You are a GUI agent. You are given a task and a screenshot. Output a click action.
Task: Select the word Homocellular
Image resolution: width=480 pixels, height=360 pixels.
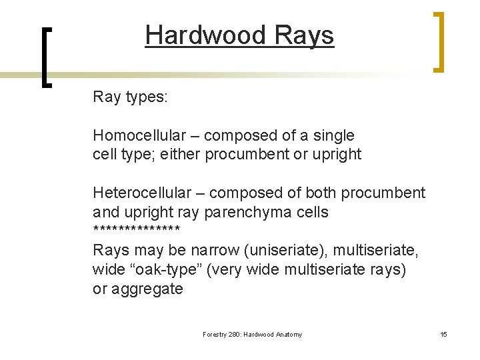coord(139,135)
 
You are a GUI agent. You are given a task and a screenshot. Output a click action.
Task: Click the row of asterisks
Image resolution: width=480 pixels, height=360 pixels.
coord(137,231)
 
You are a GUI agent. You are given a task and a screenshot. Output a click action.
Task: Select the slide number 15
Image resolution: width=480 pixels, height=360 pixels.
coord(443,334)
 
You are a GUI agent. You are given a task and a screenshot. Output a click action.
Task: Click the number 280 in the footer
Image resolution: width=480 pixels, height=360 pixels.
coord(233,334)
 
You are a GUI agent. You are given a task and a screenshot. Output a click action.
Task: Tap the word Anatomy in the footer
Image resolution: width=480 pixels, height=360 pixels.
coord(289,334)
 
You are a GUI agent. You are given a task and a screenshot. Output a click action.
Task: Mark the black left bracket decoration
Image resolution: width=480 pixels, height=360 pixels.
coord(46,57)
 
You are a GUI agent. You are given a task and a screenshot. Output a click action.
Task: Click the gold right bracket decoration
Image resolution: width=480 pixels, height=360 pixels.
coord(438,41)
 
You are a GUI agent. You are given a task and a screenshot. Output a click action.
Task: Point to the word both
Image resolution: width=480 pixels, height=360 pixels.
coord(321,193)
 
